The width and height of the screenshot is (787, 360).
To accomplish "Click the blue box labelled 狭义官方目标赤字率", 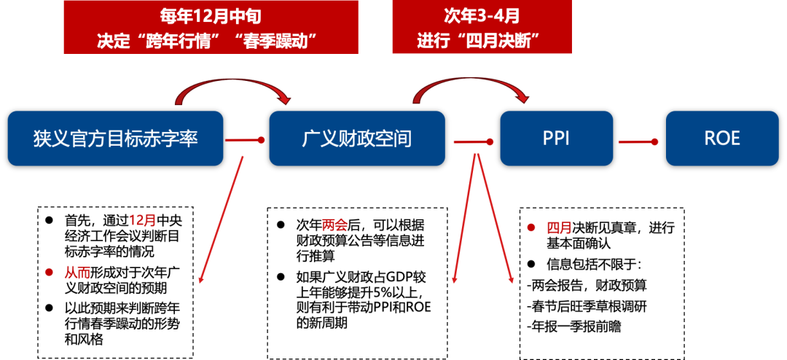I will pyautogui.click(x=115, y=138).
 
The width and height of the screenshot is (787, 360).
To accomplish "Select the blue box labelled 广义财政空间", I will pyautogui.click(x=356, y=138).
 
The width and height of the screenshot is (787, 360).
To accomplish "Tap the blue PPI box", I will pyautogui.click(x=556, y=138).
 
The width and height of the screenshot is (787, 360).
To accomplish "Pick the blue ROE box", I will pyautogui.click(x=722, y=138).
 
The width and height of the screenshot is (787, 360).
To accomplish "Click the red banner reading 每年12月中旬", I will pyautogui.click(x=210, y=27).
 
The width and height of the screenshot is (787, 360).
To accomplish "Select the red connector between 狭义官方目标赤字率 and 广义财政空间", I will pyautogui.click(x=245, y=139).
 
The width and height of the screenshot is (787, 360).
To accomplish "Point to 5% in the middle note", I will pyautogui.click(x=383, y=294).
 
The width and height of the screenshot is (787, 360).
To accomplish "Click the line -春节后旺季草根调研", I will pyautogui.click(x=586, y=306).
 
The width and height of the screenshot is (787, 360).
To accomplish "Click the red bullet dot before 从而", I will pyautogui.click(x=49, y=272).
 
